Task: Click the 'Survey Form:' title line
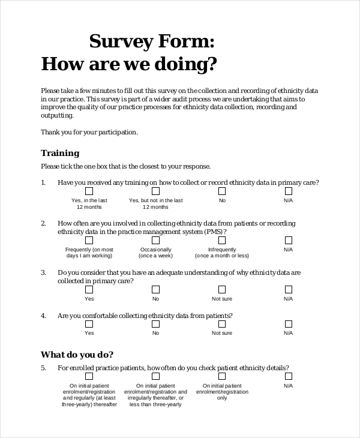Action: point(151,41)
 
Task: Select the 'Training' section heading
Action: point(60,153)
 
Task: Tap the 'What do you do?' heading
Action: point(77,354)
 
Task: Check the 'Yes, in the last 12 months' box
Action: point(89,191)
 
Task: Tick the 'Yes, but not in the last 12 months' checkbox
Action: point(155,191)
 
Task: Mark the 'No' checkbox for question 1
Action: point(222,191)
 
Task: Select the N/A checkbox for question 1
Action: point(288,191)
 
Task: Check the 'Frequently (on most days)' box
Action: point(89,240)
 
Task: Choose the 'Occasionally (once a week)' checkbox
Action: point(155,240)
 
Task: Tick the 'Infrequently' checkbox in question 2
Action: point(222,240)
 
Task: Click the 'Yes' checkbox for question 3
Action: point(89,289)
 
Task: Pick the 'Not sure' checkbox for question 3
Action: point(222,289)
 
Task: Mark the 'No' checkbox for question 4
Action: point(155,324)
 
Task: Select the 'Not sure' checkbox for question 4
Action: point(222,324)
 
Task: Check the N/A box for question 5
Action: point(288,376)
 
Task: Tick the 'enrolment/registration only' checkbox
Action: point(222,376)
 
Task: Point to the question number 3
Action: point(43,272)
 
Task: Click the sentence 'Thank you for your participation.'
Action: point(89,132)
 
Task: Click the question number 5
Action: point(43,368)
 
